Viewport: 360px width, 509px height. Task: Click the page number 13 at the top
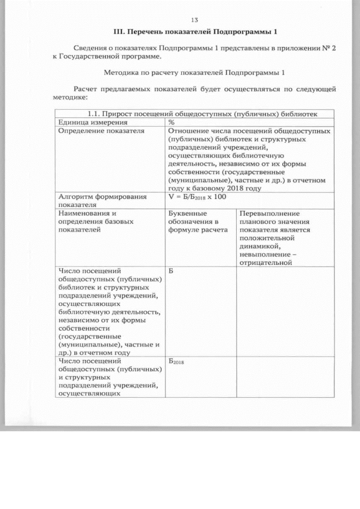(195, 20)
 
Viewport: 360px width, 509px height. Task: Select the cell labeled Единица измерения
(93, 122)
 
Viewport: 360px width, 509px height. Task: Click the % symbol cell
(171, 122)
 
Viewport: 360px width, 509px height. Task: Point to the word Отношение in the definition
(187, 130)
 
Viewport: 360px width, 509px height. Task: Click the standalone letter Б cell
(171, 271)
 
